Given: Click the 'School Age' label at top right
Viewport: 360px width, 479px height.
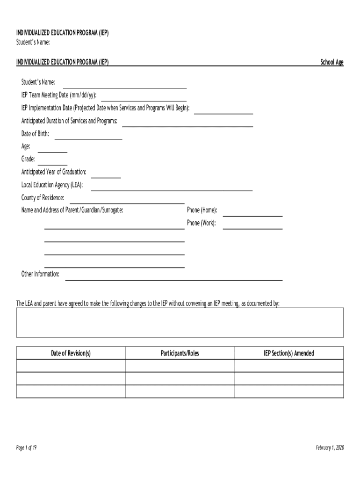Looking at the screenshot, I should point(331,62).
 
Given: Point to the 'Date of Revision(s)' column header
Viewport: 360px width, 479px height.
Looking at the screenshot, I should point(71,353).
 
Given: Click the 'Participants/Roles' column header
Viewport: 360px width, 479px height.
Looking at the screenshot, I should point(180,353).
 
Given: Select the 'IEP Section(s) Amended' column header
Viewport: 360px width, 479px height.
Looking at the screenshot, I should point(288,353).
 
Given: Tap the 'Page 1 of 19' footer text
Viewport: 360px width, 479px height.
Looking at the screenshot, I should point(27,448).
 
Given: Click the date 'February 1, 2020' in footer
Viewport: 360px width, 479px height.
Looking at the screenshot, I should point(330,448).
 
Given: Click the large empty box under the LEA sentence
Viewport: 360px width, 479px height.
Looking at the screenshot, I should point(180,322).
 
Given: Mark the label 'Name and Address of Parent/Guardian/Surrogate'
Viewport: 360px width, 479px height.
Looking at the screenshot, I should point(72,210).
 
